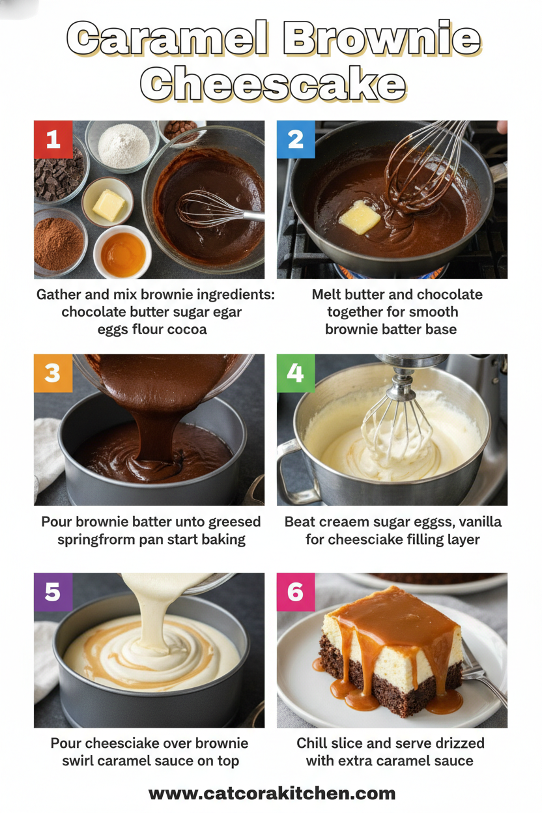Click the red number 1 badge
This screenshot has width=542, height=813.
pyautogui.click(x=53, y=139)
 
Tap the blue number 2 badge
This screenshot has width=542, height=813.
pyautogui.click(x=296, y=139)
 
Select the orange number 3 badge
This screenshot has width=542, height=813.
pyautogui.click(x=53, y=373)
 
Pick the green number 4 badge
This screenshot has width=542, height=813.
pyautogui.click(x=296, y=373)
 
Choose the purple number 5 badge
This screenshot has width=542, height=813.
pyautogui.click(x=53, y=592)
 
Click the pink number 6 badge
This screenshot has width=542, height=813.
pyautogui.click(x=296, y=592)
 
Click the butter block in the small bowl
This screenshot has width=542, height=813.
pyautogui.click(x=109, y=205)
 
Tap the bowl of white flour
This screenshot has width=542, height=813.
pyautogui.click(x=123, y=146)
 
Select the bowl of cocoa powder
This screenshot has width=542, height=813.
pyautogui.click(x=58, y=244)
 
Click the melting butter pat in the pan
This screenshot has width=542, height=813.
pyautogui.click(x=360, y=217)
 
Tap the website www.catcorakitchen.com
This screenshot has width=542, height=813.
pyautogui.click(x=272, y=793)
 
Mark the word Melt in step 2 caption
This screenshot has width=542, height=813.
pyautogui.click(x=327, y=294)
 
